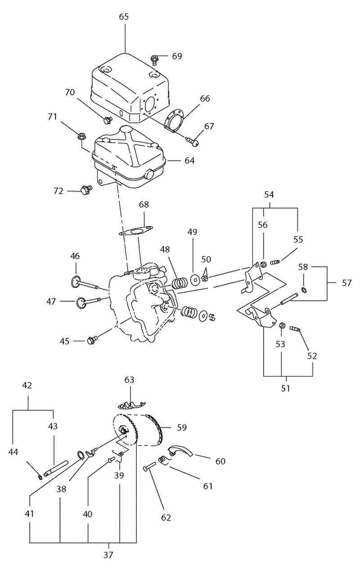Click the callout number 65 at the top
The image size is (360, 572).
pos(124,17)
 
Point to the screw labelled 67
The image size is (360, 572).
pos(193,141)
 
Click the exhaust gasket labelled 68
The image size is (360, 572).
pos(136,230)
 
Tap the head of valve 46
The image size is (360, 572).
pos(75,282)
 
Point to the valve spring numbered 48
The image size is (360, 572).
pos(180,283)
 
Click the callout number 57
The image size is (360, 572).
pos(346,283)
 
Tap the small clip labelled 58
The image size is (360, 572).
pos(304,290)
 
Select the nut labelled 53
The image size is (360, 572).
pos(282,325)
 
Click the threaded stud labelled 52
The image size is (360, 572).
pos(296,329)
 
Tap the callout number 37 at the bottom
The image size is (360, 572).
pos(108,554)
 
